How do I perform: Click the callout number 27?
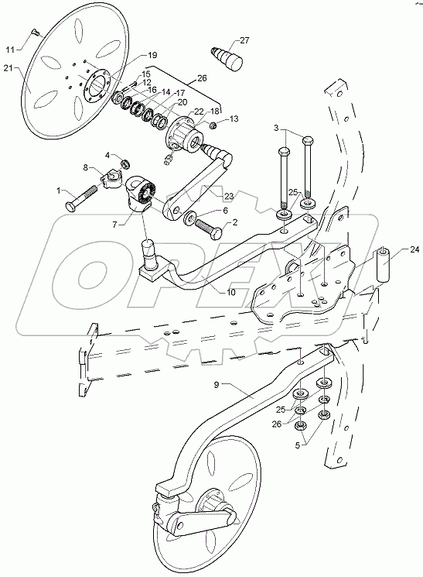point(244,40)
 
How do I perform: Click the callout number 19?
point(152,55)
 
